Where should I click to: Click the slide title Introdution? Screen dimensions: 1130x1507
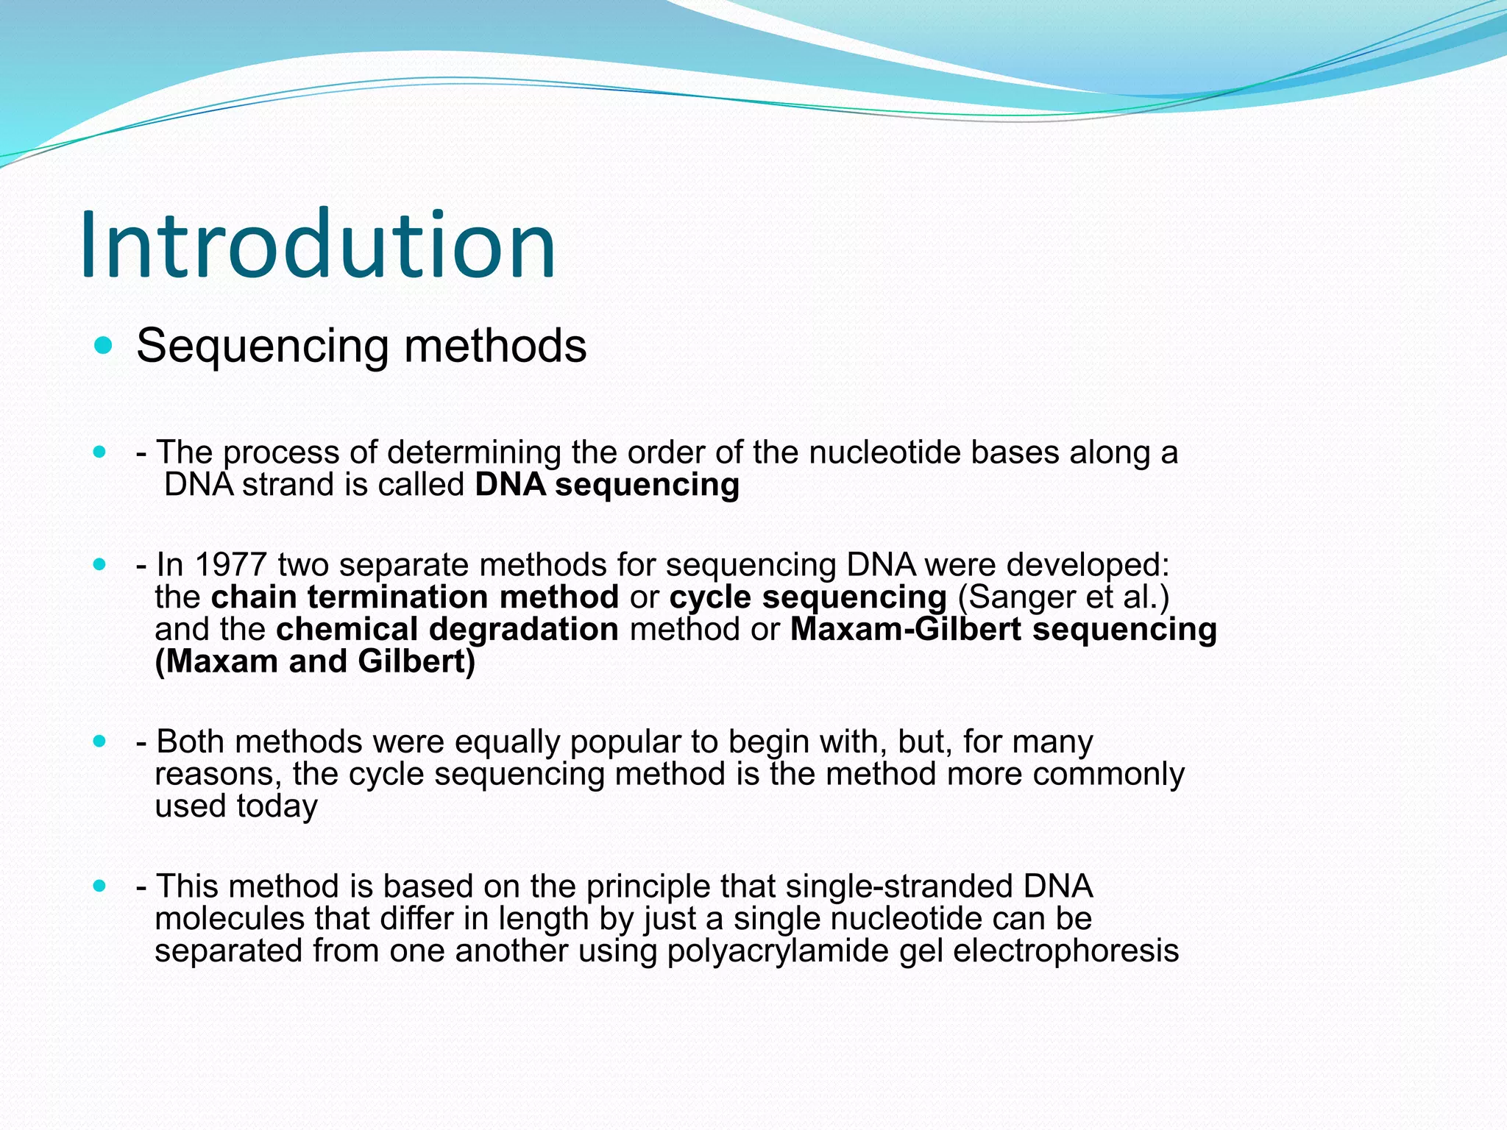[318, 245]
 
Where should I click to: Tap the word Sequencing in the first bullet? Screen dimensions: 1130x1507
[262, 346]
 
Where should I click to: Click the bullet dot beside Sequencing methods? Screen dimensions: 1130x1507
[104, 345]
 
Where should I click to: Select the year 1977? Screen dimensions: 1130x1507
[230, 565]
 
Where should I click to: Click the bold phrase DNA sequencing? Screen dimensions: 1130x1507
[607, 485]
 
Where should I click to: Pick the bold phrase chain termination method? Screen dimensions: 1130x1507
[415, 597]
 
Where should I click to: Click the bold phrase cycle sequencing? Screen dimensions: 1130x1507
[808, 597]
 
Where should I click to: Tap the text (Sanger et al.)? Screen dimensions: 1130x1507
[1063, 597]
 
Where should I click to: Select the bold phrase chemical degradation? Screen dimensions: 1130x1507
[447, 630]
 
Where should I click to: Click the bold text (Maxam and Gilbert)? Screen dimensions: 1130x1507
[315, 661]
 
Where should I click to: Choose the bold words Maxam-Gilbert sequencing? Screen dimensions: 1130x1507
[1004, 630]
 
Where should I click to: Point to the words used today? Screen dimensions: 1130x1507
[236, 806]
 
